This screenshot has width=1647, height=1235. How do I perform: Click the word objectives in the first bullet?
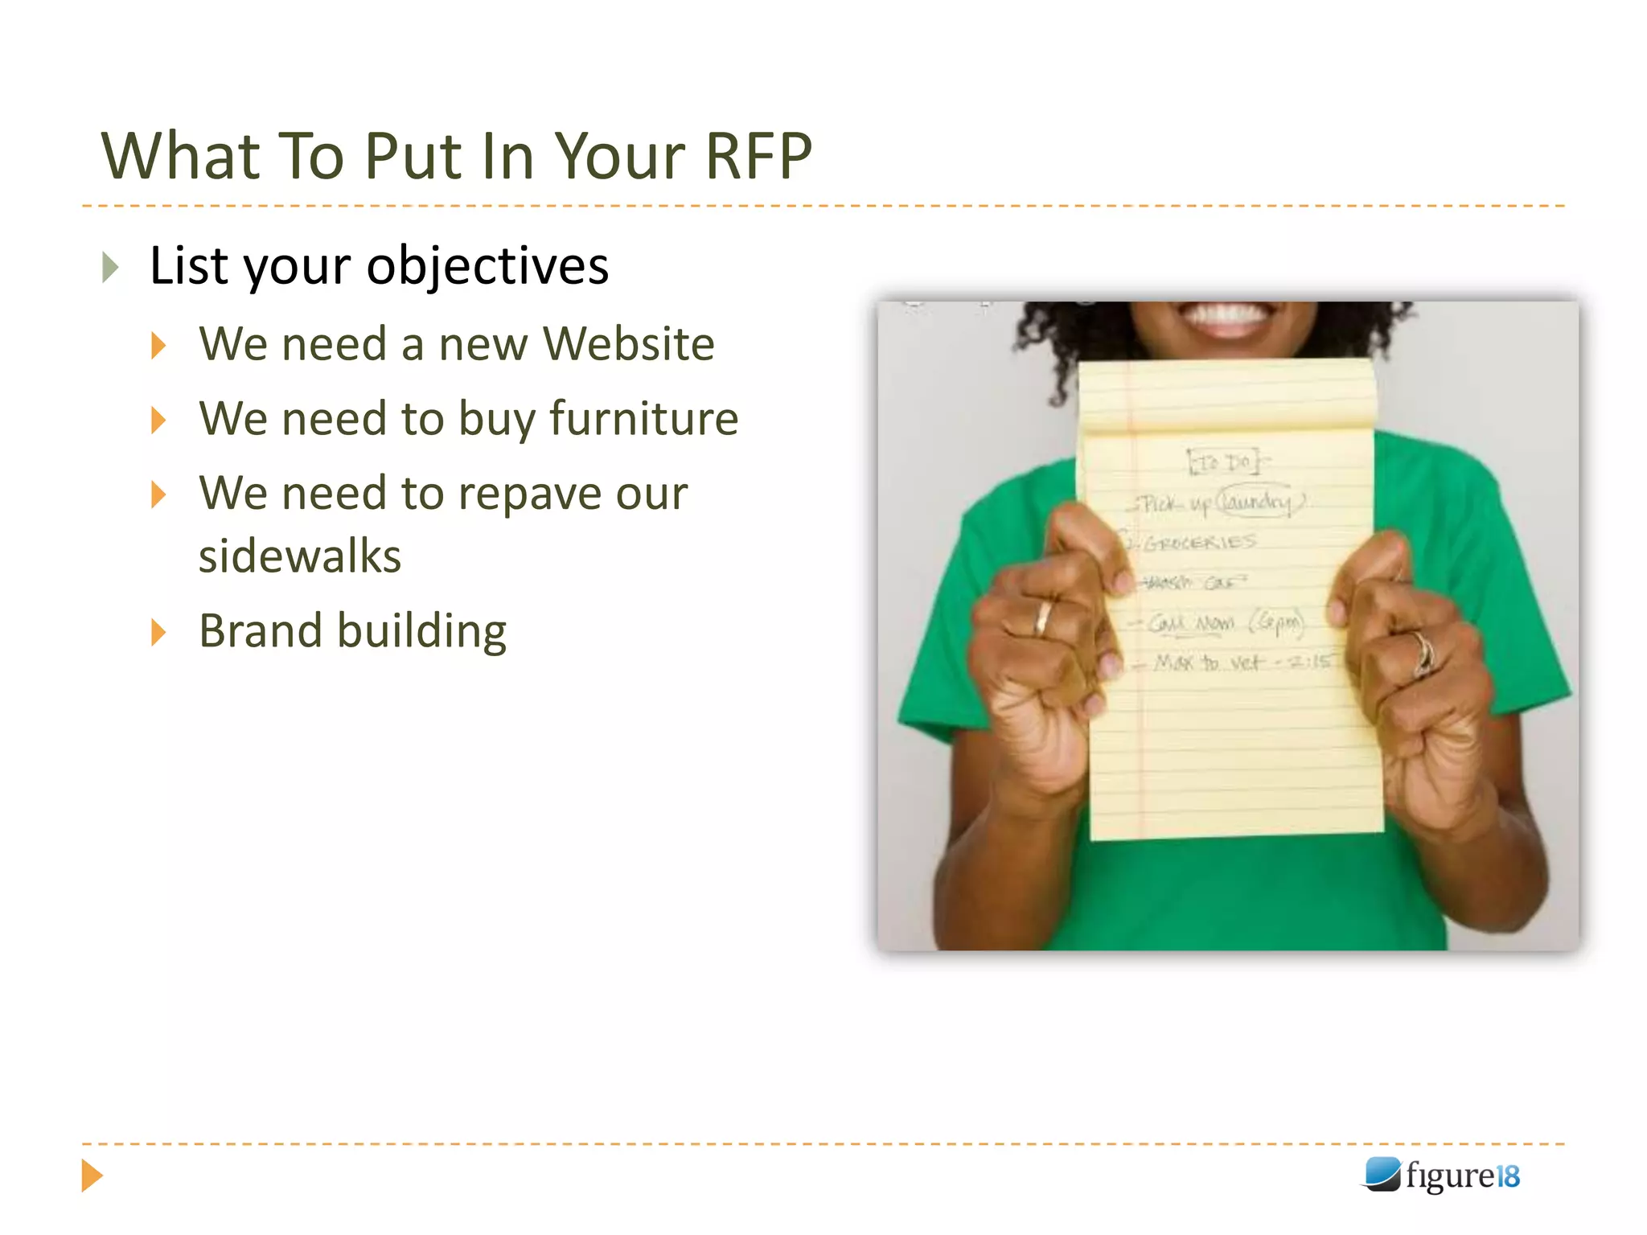pos(487,266)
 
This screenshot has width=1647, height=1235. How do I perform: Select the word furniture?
pos(643,419)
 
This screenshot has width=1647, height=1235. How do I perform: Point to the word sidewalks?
pos(300,556)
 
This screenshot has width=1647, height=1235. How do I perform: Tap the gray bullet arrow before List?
pos(111,267)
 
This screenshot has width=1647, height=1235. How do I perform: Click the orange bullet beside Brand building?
pos(158,633)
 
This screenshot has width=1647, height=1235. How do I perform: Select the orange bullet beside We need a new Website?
pos(158,346)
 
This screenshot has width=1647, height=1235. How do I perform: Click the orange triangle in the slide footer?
pos(92,1176)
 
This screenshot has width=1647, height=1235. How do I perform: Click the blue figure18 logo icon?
pos(1382,1175)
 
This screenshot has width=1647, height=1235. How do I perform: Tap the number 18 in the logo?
pos(1508,1176)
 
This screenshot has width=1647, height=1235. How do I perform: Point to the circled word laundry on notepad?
pos(1259,501)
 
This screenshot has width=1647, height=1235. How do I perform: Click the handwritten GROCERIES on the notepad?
pos(1199,543)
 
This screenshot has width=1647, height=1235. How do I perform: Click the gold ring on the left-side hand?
pos(1042,617)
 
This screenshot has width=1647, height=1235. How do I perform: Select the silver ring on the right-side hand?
pos(1423,651)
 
